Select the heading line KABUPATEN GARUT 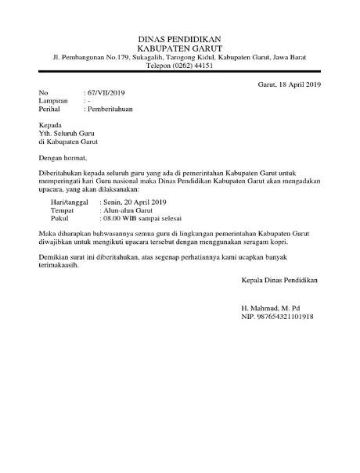179,48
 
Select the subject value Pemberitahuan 110,109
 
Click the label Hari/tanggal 67,202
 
